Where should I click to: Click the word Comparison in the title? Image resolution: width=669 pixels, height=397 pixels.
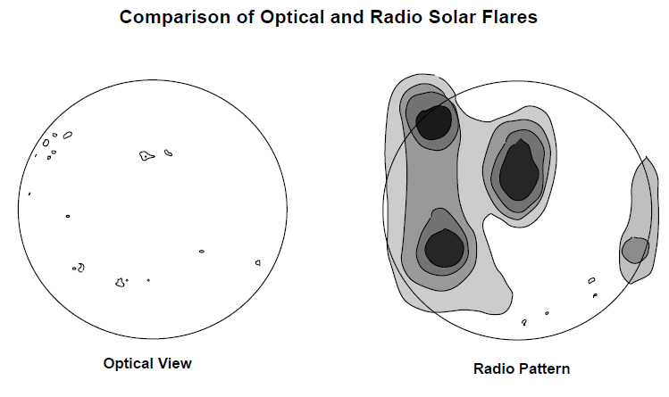click(175, 18)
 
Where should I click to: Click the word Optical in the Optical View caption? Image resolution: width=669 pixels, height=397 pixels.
click(128, 363)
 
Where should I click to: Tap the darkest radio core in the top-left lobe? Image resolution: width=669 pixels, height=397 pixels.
click(433, 122)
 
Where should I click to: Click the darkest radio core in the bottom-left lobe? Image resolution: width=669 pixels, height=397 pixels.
click(444, 248)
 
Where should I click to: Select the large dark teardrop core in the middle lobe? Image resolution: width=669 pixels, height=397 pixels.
click(519, 170)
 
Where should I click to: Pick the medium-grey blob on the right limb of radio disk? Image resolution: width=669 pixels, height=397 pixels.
click(635, 250)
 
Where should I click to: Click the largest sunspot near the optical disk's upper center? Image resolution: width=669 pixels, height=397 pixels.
click(146, 155)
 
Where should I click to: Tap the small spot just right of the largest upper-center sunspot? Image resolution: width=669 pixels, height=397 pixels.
click(169, 153)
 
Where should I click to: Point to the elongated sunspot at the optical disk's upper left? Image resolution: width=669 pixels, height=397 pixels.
click(67, 135)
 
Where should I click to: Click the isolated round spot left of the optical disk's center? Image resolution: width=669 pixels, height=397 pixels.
click(67, 217)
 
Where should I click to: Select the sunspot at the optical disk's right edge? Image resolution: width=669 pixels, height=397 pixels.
click(258, 263)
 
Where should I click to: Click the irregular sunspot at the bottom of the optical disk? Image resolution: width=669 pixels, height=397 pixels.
click(121, 283)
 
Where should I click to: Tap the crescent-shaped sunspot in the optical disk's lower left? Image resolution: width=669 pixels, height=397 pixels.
click(80, 268)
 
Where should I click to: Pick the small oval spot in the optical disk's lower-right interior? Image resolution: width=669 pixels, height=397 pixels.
click(202, 252)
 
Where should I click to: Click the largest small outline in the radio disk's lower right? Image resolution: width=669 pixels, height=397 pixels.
click(591, 280)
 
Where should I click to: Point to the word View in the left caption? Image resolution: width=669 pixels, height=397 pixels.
click(175, 363)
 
